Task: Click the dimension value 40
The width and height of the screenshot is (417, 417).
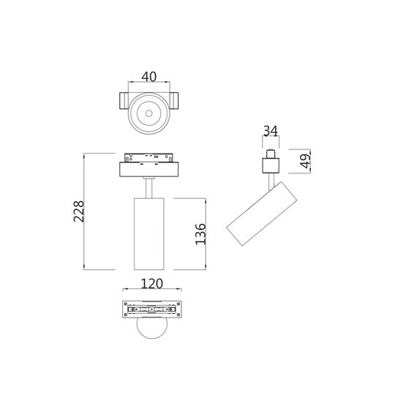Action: (x=149, y=76)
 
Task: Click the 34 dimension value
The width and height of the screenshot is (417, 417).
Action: (x=270, y=132)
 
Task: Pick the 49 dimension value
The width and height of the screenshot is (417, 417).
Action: (x=305, y=159)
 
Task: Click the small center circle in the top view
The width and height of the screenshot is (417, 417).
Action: (x=149, y=113)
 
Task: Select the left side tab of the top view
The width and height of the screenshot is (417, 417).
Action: (x=121, y=102)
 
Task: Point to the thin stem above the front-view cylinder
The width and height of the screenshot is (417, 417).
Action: (x=149, y=187)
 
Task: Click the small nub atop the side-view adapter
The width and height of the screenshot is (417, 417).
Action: (x=271, y=154)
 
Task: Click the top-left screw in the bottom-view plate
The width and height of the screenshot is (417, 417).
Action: (x=125, y=304)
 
